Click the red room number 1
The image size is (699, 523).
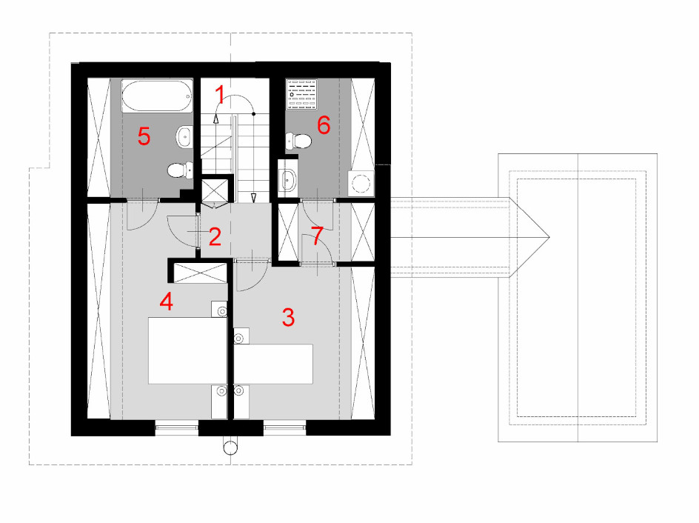coord(219,95)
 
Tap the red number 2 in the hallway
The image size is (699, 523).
coord(215,237)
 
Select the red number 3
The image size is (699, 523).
coord(289,318)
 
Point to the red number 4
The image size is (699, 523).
coord(167,302)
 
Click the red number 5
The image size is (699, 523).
coord(144,136)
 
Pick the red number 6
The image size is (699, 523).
coord(324,125)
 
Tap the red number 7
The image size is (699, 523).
coord(317,236)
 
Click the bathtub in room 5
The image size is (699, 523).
coord(158,96)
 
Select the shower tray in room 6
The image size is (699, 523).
coord(302,94)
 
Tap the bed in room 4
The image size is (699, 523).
coord(187,350)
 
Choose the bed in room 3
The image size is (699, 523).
coord(274,364)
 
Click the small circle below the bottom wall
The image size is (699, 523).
coord(230,447)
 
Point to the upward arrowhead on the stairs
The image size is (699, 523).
coord(216,119)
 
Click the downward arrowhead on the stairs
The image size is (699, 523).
coord(254,198)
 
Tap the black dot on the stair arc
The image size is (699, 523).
coord(254,114)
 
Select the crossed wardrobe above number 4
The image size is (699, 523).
coord(200,273)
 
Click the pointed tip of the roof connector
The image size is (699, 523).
coord(549,237)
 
